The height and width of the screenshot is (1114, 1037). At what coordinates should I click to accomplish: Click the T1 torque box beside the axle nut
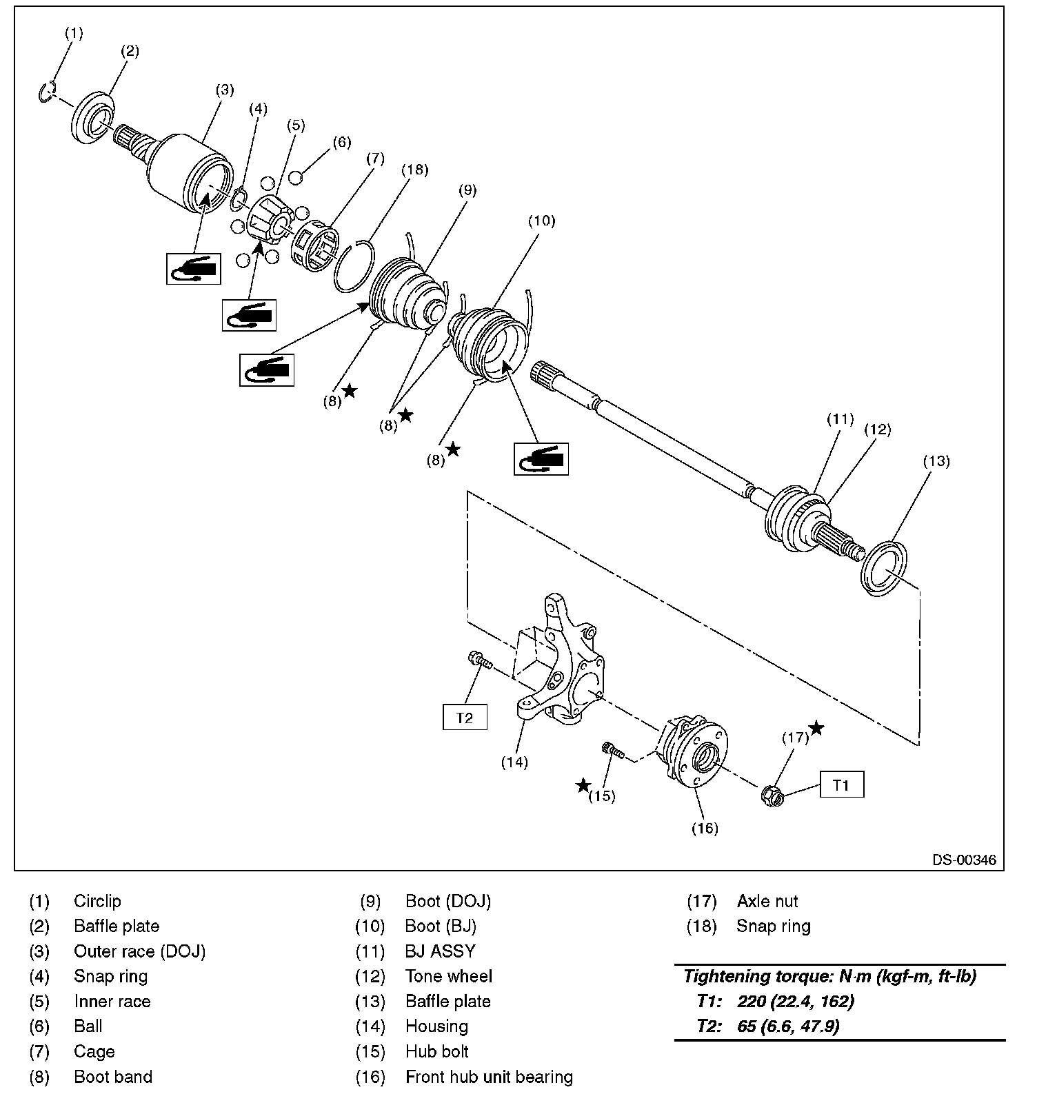click(841, 784)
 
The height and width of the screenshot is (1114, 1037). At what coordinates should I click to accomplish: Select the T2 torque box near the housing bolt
click(465, 717)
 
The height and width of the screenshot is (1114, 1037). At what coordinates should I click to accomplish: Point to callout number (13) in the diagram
click(936, 461)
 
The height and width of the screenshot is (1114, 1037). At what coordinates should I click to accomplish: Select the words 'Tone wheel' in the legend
click(449, 976)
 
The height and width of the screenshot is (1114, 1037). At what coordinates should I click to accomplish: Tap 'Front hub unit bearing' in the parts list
click(489, 1077)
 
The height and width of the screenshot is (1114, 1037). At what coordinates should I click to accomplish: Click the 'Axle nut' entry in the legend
click(767, 901)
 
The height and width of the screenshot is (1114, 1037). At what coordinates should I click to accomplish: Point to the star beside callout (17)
click(816, 728)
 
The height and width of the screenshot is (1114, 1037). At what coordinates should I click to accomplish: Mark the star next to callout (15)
click(583, 785)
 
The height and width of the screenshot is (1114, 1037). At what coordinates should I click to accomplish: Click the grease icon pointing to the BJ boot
click(541, 459)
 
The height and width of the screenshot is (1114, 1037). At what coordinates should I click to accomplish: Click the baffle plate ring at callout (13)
click(884, 569)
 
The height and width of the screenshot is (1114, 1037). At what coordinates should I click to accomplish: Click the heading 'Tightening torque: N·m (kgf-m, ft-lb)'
click(829, 977)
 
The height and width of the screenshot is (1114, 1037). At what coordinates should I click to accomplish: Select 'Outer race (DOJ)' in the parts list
click(140, 951)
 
